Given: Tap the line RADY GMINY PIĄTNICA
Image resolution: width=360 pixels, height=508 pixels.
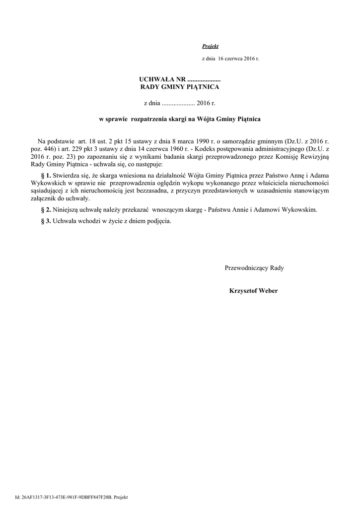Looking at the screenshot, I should (x=180, y=87).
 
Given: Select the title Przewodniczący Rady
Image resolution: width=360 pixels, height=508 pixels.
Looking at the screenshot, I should (x=254, y=268).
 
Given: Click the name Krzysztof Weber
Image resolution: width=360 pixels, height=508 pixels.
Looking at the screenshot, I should (x=253, y=291).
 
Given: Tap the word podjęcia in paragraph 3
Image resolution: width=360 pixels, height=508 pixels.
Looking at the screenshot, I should (x=157, y=221).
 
